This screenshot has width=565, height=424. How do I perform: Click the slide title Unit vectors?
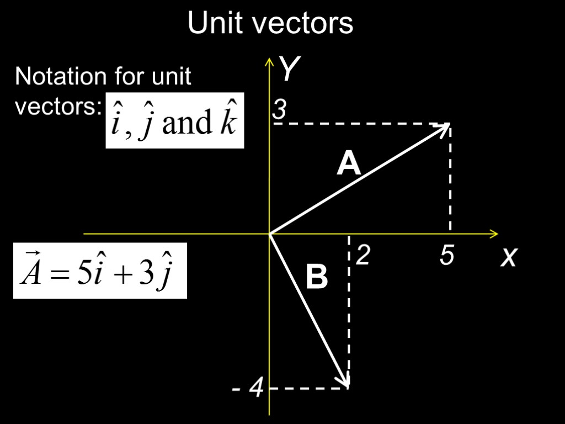270,24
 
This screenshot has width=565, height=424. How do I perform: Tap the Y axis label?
289,70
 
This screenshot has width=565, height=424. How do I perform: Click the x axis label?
508,256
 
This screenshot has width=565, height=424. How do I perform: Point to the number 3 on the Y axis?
280,111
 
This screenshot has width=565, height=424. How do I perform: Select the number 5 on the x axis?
447,256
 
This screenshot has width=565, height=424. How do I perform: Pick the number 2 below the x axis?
362,256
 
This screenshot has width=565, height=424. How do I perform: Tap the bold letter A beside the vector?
349,164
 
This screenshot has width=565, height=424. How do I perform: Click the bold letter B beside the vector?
316,277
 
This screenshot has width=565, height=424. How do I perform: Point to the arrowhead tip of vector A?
449,125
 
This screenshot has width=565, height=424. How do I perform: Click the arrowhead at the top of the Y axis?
269,60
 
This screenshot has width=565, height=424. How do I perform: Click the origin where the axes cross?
269,234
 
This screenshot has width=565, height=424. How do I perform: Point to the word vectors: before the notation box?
56,107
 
